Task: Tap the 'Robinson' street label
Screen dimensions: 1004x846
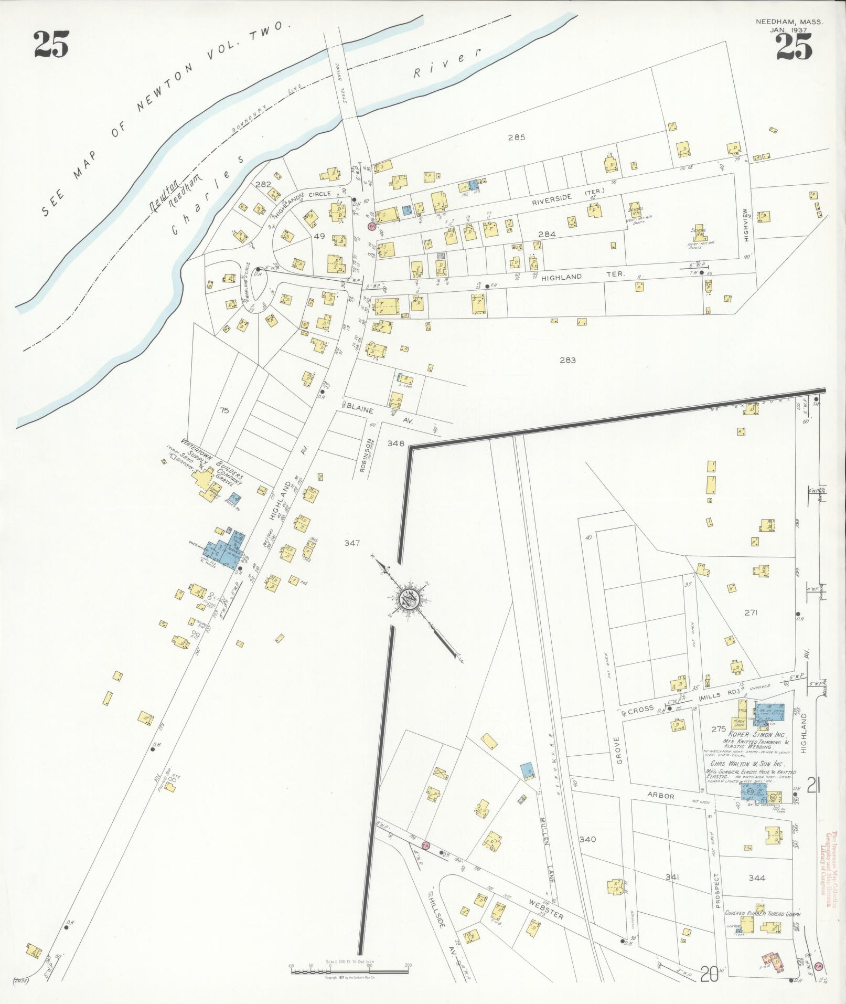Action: [x=369, y=456]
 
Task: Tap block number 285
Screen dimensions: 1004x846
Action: [x=516, y=138]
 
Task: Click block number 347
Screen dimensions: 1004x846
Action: [x=352, y=543]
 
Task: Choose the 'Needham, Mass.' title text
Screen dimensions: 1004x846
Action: [x=789, y=22]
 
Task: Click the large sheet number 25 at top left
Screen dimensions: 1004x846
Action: [x=51, y=45]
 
